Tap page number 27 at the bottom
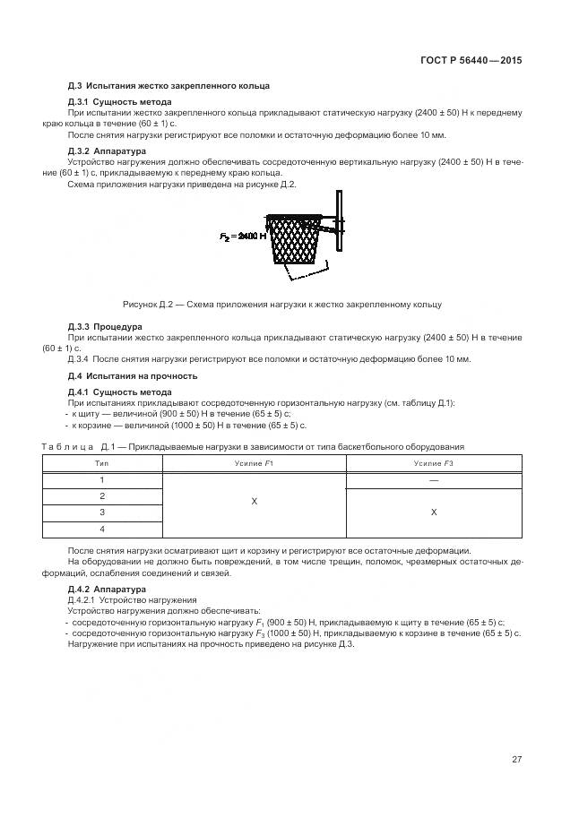(x=517, y=760)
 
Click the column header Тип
(x=101, y=463)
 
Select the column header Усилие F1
(x=254, y=463)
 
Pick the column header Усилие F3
(x=433, y=463)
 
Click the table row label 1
(x=101, y=480)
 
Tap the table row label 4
(x=101, y=530)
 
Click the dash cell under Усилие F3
(x=433, y=480)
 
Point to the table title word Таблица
(x=70, y=446)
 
